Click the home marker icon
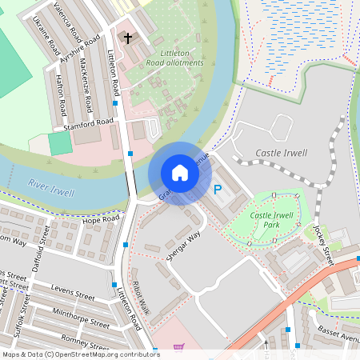coord(180,173)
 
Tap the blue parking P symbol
coord(217,190)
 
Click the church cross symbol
coord(127,38)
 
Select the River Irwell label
coord(50,188)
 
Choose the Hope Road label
coord(100,219)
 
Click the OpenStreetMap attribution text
coord(80,354)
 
